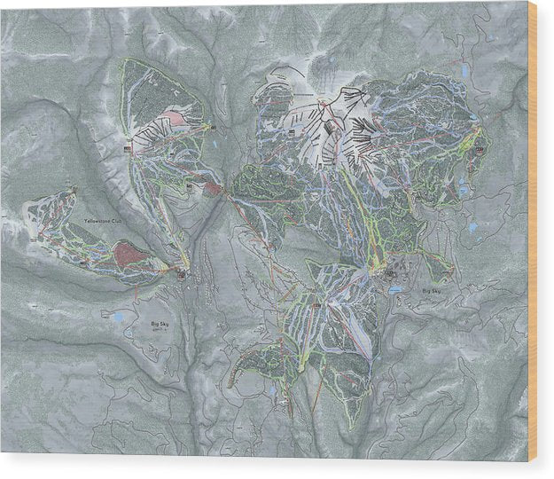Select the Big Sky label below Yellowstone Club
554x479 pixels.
point(159,326)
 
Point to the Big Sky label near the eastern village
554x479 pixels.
point(432,291)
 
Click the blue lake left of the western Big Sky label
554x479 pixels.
point(119,316)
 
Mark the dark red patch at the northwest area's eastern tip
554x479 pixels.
point(213,187)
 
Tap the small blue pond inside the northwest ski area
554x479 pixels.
point(210,141)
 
